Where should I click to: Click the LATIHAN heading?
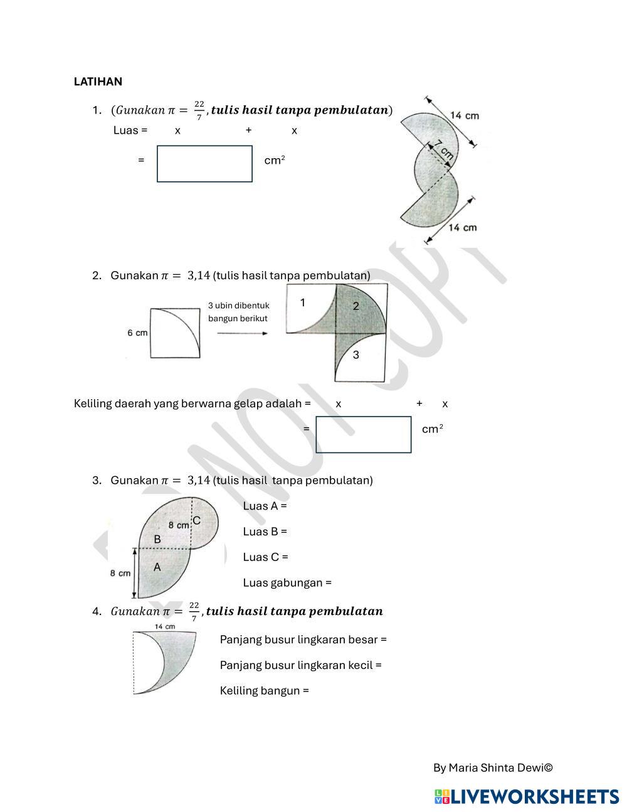point(98,82)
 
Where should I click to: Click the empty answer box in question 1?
point(204,164)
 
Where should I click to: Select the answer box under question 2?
point(363,434)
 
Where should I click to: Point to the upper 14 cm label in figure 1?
point(465,115)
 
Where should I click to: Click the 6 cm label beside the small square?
point(137,333)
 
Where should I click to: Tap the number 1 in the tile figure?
point(303,303)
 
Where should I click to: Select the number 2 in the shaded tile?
point(356,306)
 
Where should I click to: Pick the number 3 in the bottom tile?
point(356,355)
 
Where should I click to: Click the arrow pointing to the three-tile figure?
point(242,333)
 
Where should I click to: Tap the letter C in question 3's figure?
point(196,521)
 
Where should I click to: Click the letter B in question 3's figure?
point(157,539)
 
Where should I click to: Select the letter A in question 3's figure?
point(157,567)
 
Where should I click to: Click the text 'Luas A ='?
point(265,506)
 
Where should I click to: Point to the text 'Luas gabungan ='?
point(287,582)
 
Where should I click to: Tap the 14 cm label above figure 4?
point(164,627)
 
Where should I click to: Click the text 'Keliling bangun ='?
point(264,691)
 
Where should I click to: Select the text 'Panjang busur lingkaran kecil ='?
point(300,665)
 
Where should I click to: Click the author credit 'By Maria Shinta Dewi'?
point(493,767)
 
